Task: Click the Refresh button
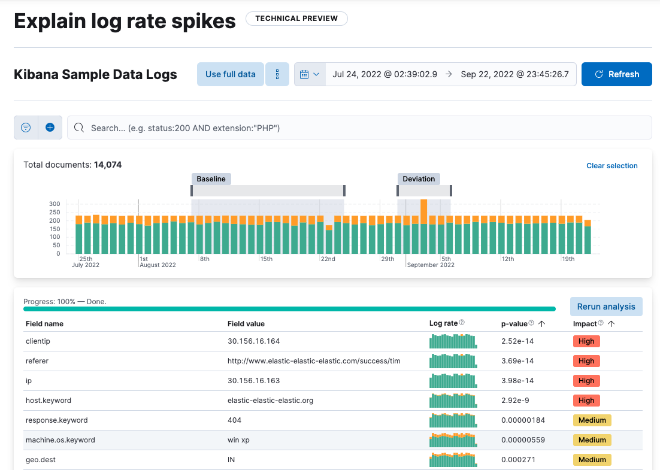(616, 74)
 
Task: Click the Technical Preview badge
(296, 19)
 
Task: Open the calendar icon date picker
(310, 74)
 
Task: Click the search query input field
(359, 128)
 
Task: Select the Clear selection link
(611, 166)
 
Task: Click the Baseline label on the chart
(211, 179)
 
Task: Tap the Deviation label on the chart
(419, 179)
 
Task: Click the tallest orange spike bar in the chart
(423, 211)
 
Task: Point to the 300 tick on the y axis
(55, 204)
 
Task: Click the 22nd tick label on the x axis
(328, 259)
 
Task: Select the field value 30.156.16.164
(253, 341)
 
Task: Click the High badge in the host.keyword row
(586, 401)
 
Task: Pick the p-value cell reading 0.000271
(518, 460)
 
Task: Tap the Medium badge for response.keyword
(592, 420)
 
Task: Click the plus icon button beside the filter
(50, 128)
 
